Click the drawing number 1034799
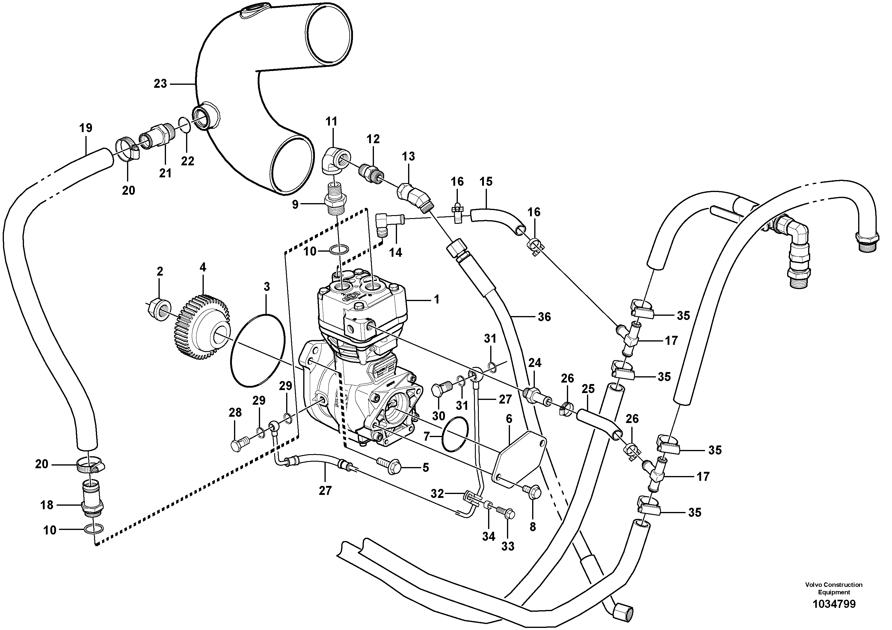click(x=834, y=604)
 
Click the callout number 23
click(x=160, y=84)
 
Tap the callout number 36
click(x=544, y=317)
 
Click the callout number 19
click(x=86, y=127)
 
